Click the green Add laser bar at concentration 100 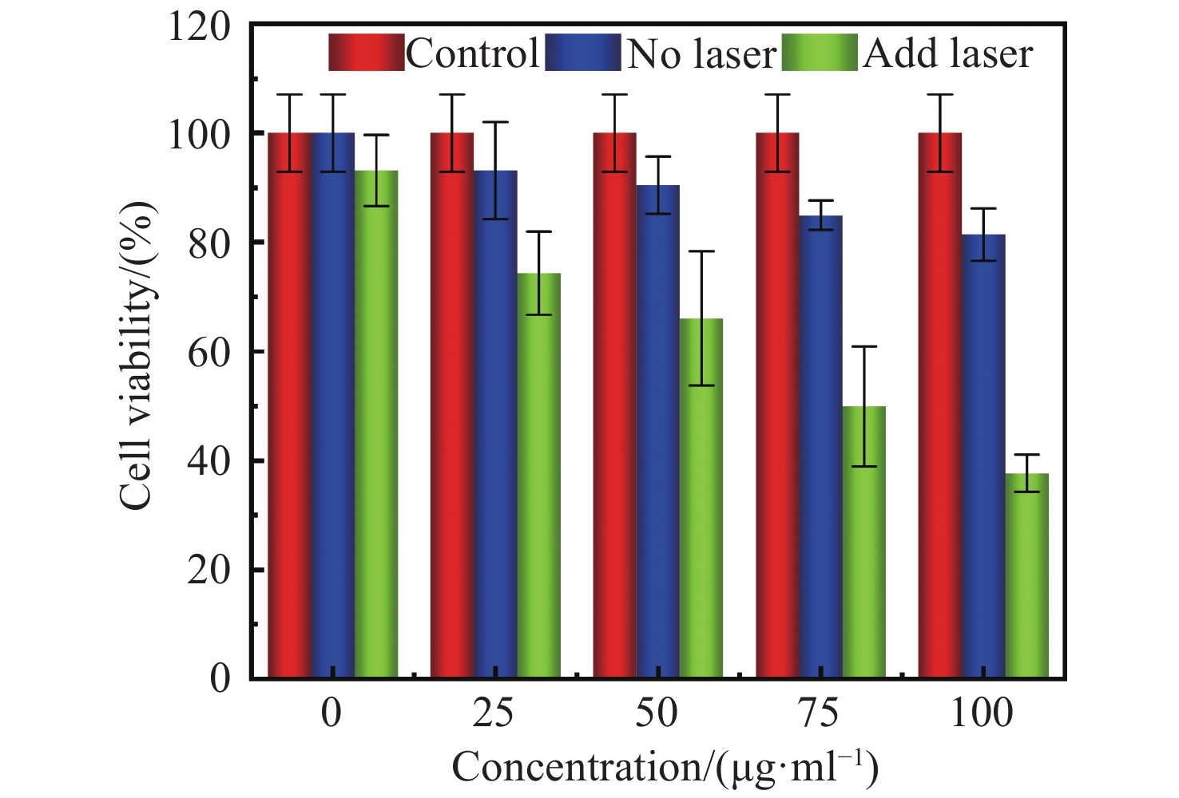1026,576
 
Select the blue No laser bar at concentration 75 820,447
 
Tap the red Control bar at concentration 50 614,405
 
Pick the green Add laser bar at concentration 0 376,425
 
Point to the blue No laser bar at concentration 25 495,425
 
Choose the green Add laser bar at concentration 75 864,543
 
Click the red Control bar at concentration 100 940,405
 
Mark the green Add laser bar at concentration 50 701,499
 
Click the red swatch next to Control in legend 367,53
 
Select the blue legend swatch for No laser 583,53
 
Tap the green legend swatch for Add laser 820,53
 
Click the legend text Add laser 948,53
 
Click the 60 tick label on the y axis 209,352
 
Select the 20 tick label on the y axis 209,571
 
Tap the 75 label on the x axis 819,713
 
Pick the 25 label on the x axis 493,713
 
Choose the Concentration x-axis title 665,768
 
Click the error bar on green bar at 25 538,272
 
